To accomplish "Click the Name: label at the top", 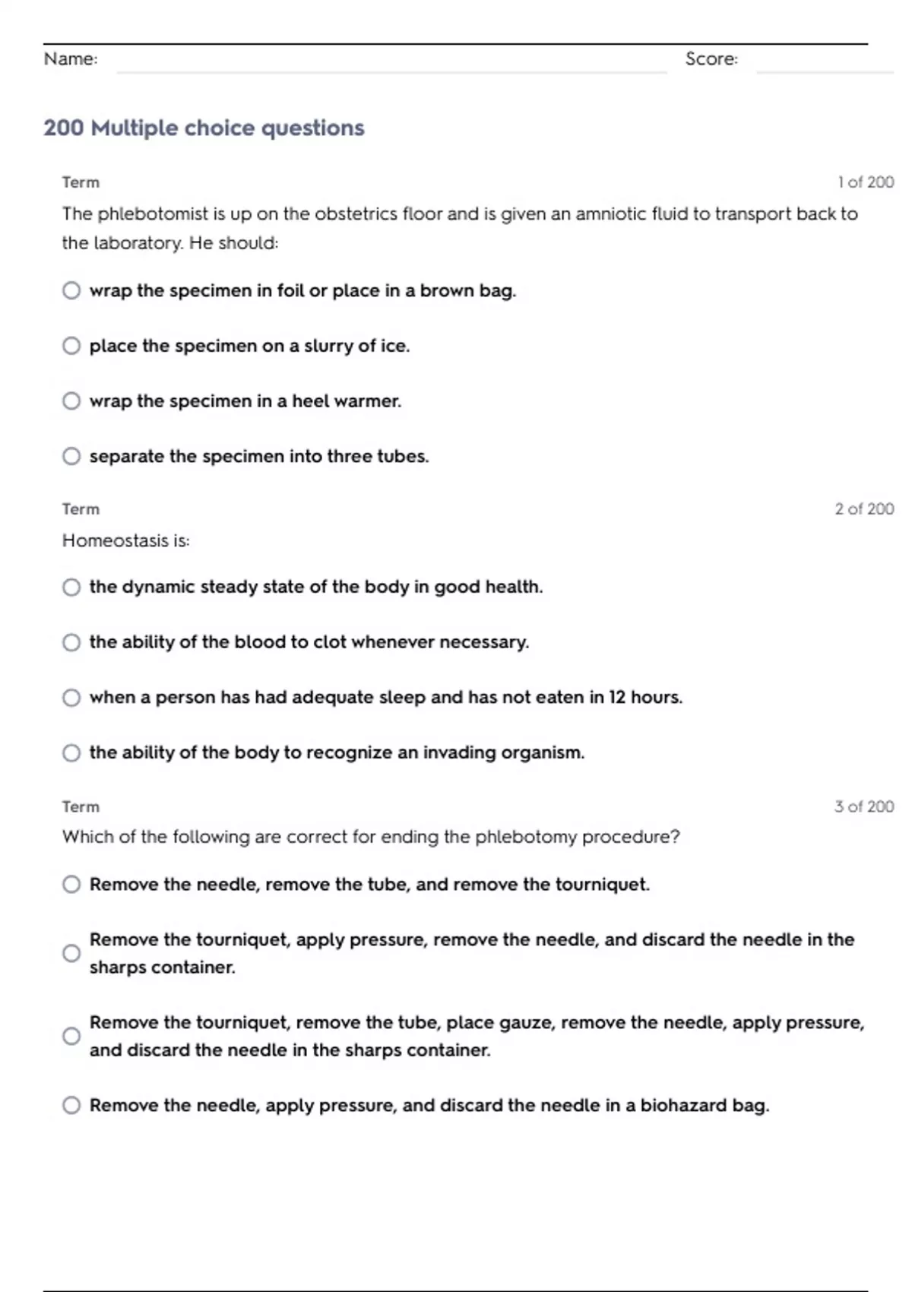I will (x=71, y=59).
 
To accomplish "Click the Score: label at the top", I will (x=711, y=59).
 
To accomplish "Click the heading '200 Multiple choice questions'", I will (x=204, y=128).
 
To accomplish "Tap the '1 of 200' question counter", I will (x=866, y=182).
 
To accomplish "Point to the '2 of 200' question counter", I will (x=864, y=509).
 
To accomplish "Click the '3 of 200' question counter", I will (x=864, y=806).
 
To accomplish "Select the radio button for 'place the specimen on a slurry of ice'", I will (x=71, y=346).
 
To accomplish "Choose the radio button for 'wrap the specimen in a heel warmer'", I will (x=71, y=401).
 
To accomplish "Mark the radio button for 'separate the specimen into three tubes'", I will (x=71, y=456).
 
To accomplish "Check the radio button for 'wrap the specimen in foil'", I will (x=71, y=290).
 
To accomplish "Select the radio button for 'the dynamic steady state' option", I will (x=71, y=587).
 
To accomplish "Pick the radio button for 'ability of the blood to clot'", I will (x=71, y=642).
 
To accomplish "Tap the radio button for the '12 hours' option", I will (x=71, y=698).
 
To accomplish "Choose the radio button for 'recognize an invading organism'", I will (x=71, y=752).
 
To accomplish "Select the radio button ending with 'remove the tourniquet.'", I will (x=71, y=884).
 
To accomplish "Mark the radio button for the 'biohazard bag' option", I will (x=71, y=1105).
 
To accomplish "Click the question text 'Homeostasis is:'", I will (x=126, y=540).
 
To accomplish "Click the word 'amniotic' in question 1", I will (x=610, y=214).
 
